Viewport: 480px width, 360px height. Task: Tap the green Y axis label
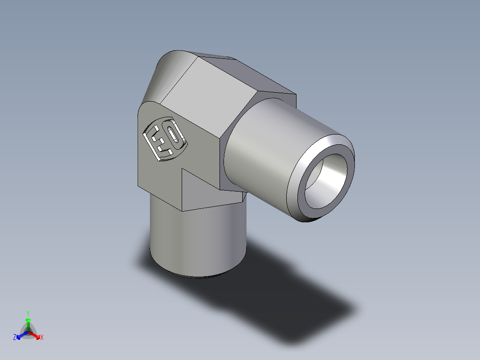(x=28, y=313)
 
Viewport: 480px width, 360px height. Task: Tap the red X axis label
(x=41, y=338)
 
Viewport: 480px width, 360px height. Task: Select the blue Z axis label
(x=15, y=338)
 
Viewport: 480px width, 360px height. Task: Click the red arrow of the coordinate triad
(x=36, y=335)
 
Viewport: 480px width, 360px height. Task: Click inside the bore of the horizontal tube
(x=327, y=178)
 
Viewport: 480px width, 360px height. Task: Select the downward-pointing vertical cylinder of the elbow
(x=196, y=241)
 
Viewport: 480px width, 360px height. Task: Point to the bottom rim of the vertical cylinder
(x=196, y=277)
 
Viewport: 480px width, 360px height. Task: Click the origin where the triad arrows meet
(x=28, y=332)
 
